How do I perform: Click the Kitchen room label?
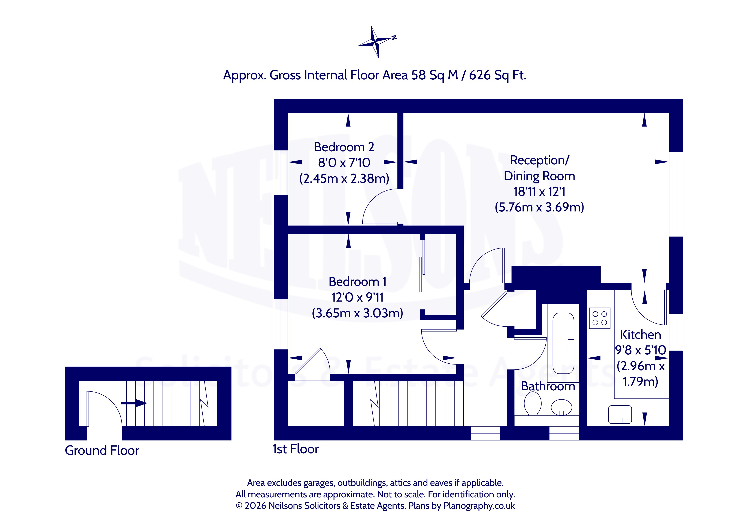pos(641,335)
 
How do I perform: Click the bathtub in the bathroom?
pos(563,343)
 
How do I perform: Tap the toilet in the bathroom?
pos(533,404)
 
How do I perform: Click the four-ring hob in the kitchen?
pos(600,318)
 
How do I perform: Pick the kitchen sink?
pos(620,415)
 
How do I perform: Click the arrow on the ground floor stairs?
pos(134,403)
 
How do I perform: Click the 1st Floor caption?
pos(296,449)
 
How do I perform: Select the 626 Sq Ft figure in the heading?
pos(497,75)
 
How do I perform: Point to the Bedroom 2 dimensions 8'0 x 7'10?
pos(344,162)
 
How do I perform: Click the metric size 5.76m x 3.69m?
pos(539,207)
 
